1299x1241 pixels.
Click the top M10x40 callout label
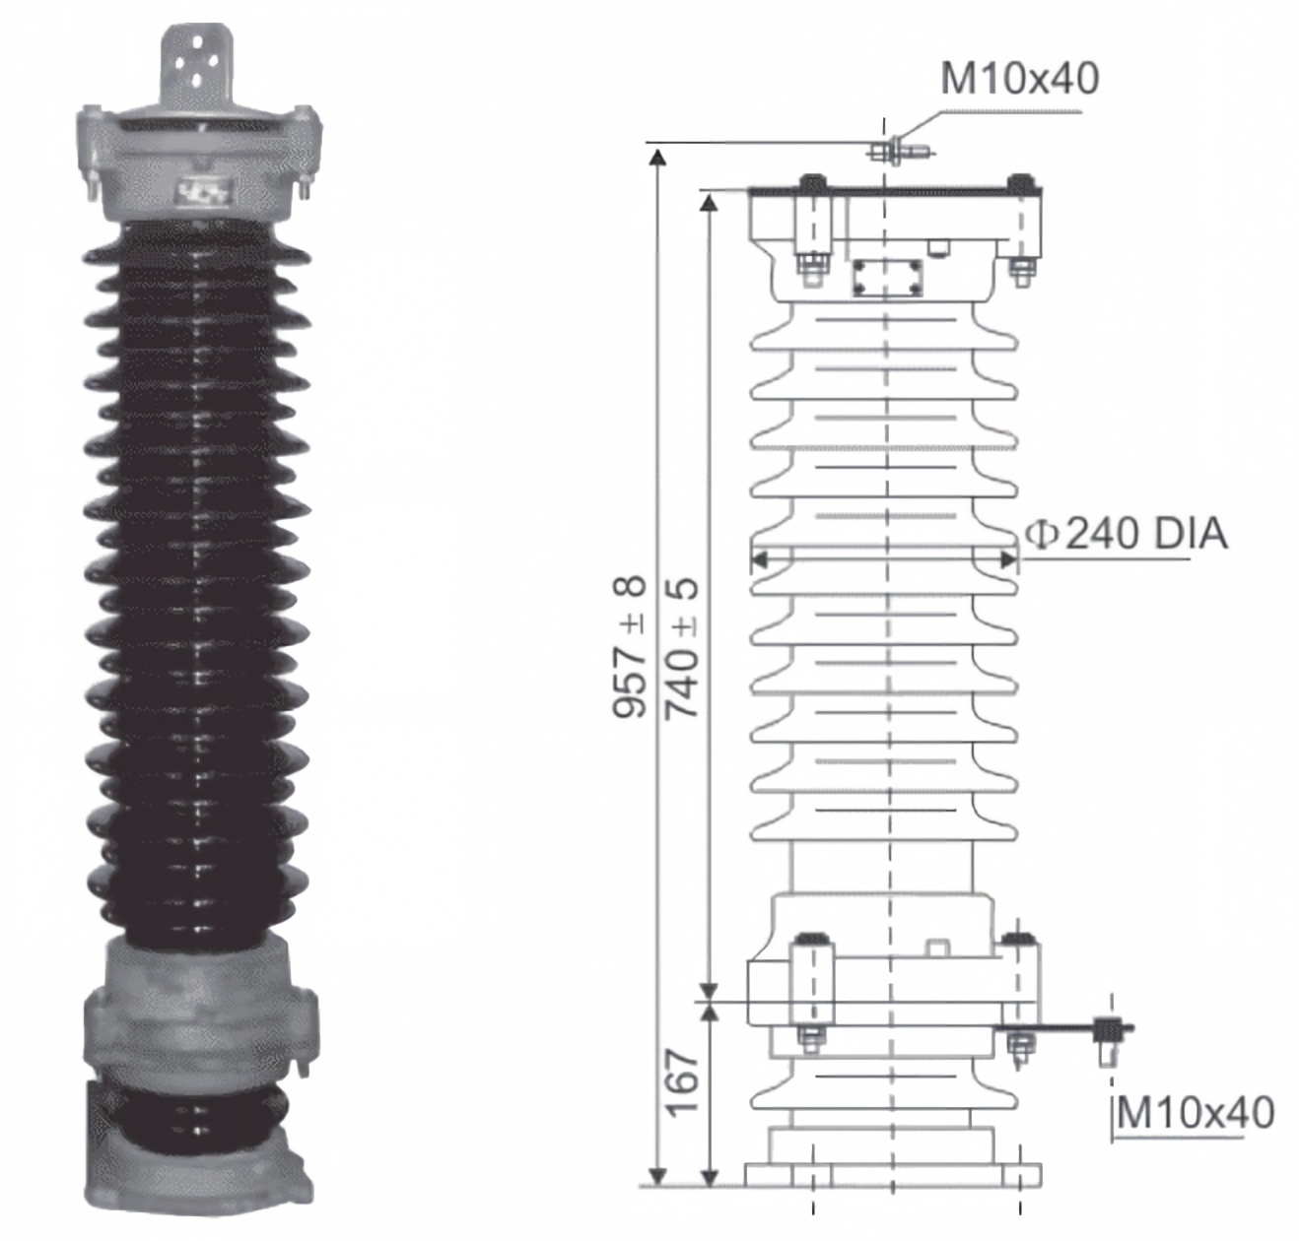[1019, 79]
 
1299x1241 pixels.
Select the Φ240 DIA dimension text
[1127, 535]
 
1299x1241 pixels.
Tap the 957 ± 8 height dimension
[630, 647]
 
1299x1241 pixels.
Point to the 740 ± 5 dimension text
[682, 647]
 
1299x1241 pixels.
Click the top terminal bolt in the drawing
[900, 151]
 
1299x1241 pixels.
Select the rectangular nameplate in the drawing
[886, 278]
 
